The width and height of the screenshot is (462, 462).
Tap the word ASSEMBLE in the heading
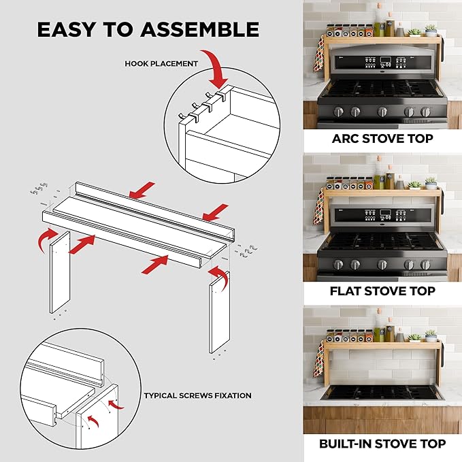click(x=198, y=29)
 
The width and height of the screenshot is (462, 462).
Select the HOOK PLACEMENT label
click(x=161, y=64)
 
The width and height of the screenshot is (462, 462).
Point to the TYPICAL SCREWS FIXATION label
click(x=197, y=395)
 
